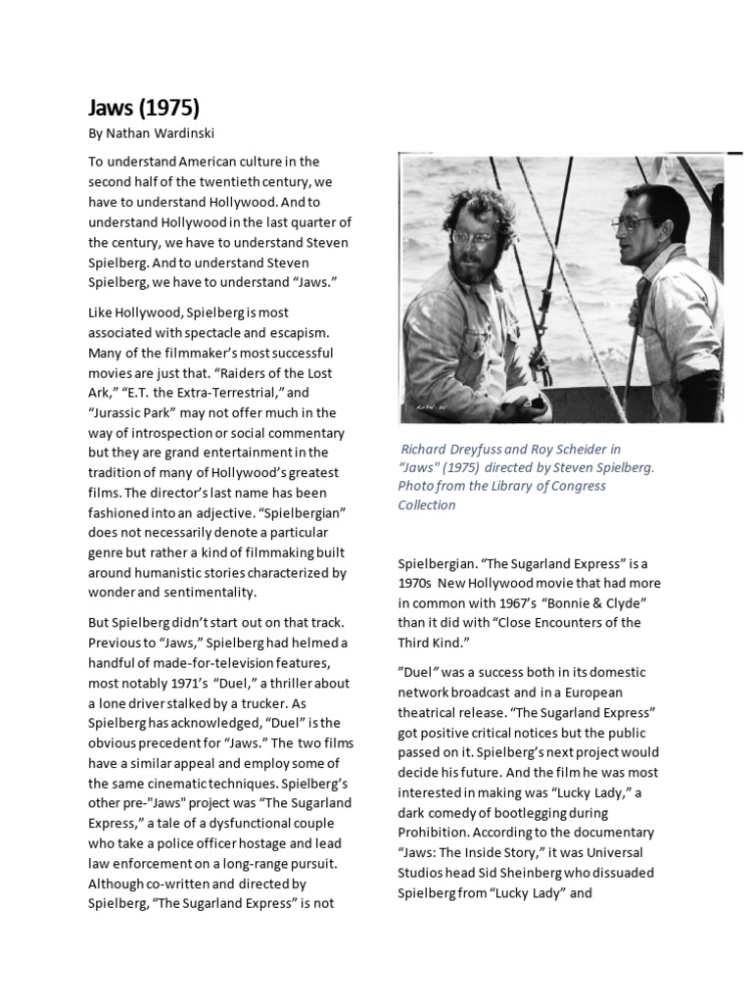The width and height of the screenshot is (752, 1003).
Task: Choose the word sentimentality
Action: (x=209, y=593)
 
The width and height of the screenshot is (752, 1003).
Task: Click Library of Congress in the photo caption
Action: (x=547, y=486)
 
